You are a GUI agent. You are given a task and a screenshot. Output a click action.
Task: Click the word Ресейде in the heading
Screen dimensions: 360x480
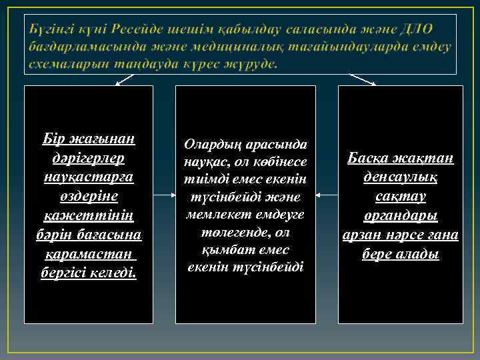click(x=138, y=29)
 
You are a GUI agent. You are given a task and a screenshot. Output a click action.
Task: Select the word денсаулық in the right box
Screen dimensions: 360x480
click(x=400, y=178)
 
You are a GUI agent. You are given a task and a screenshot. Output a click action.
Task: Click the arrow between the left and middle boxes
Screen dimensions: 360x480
click(x=164, y=195)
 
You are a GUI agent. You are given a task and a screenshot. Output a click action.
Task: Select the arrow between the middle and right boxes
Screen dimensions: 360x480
click(x=327, y=195)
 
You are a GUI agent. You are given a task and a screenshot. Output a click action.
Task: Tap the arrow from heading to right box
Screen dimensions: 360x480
click(x=363, y=79)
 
